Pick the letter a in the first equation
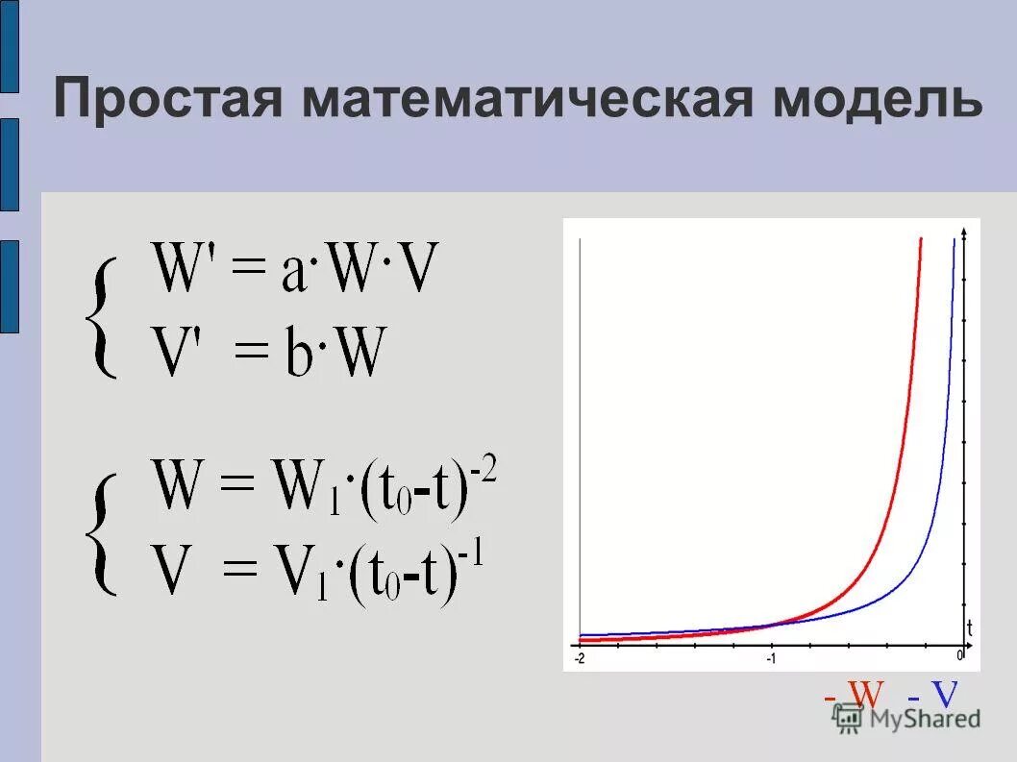(x=295, y=275)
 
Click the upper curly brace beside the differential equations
(x=101, y=318)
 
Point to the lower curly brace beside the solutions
(x=101, y=533)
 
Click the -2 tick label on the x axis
(x=580, y=658)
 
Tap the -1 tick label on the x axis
(x=771, y=658)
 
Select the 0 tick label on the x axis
(x=959, y=655)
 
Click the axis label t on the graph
(x=969, y=629)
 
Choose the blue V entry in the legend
(x=934, y=695)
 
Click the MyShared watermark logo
(x=907, y=718)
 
